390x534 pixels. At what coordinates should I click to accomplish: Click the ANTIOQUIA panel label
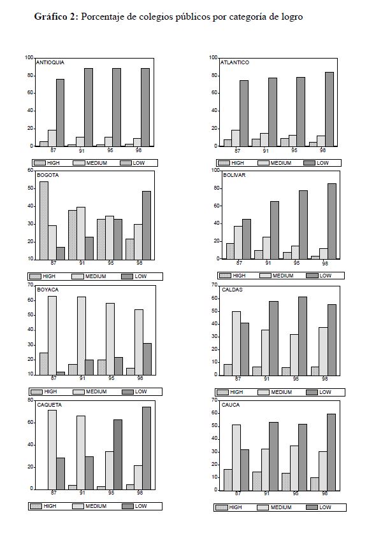coord(50,62)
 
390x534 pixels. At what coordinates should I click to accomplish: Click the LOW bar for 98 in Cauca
coord(331,452)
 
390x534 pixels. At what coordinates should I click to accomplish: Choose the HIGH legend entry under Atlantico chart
coord(231,163)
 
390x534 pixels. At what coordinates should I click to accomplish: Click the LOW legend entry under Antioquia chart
coord(135,163)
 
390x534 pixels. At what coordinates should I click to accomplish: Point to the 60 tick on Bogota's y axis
coord(31,171)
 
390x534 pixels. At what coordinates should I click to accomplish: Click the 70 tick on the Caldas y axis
coord(215,285)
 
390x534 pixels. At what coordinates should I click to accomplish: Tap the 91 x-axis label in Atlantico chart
coord(264,151)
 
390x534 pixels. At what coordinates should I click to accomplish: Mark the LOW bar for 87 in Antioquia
coord(60,112)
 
